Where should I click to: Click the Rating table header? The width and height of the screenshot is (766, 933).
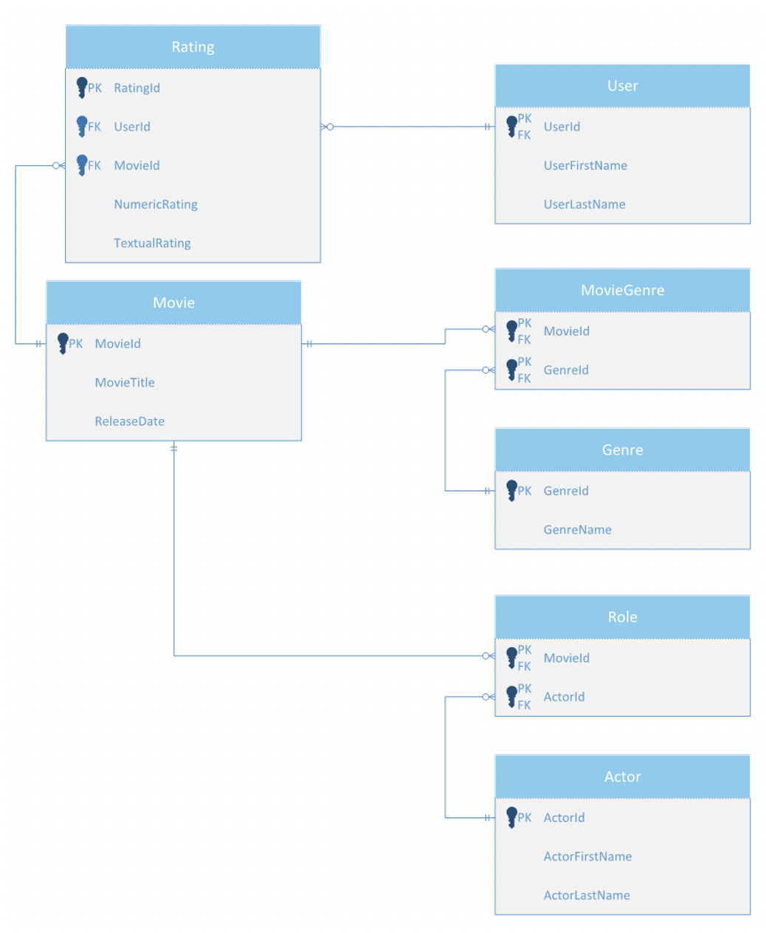[x=193, y=47]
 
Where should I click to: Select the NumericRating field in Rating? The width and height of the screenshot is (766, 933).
[x=155, y=204]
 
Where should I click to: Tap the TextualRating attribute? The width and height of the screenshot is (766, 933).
[x=152, y=243]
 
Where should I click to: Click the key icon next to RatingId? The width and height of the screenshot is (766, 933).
[x=81, y=88]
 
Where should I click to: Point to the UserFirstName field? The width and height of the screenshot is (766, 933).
[x=585, y=165]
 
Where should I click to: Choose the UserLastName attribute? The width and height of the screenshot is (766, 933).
[x=584, y=204]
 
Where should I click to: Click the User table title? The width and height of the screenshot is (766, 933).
[x=622, y=86]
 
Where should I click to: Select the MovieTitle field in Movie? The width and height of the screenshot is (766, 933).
[x=125, y=382]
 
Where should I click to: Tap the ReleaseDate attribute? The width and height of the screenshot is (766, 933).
[x=129, y=421]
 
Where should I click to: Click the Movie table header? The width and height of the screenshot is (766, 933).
[x=173, y=303]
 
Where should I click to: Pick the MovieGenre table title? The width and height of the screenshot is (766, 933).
[x=622, y=290]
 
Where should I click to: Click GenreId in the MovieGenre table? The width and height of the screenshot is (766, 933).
[x=566, y=370]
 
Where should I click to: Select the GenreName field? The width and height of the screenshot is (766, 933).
[x=577, y=530]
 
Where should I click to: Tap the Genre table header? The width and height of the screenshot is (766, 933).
[x=622, y=450]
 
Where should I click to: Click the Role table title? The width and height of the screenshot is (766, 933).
[x=622, y=617]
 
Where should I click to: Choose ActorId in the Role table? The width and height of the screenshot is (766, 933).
[x=564, y=697]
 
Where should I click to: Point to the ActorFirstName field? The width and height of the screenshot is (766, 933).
[x=587, y=856]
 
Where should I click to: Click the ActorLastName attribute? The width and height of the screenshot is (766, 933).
[x=587, y=895]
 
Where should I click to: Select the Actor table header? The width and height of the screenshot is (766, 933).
[x=622, y=777]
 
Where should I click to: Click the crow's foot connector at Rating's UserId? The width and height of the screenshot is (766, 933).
[x=327, y=127]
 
